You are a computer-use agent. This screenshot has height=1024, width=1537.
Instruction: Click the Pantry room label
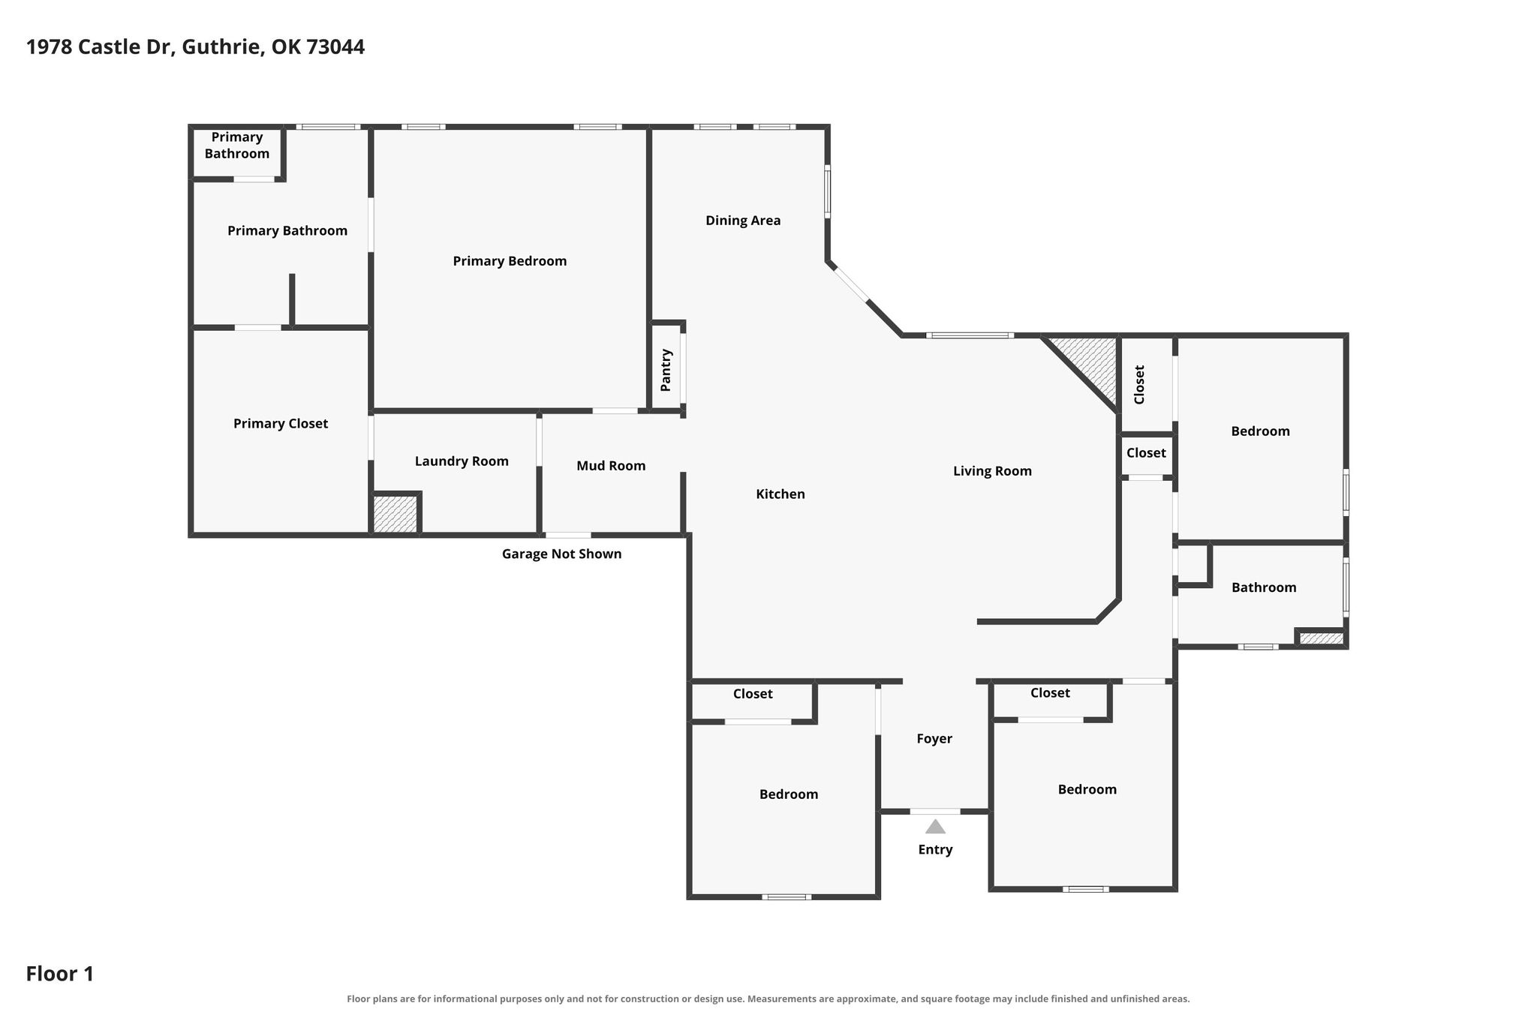666,370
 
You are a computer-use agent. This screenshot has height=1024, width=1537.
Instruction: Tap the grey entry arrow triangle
935,827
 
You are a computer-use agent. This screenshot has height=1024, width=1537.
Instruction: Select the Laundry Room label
462,461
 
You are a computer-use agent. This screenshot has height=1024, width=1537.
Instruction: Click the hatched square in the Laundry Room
395,514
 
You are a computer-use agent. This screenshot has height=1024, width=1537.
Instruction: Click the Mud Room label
611,466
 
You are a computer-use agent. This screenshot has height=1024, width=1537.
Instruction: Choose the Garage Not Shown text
561,554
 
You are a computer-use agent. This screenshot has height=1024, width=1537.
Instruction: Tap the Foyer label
934,739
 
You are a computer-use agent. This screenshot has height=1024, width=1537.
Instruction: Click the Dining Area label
743,221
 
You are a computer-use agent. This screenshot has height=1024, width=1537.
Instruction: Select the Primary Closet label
281,424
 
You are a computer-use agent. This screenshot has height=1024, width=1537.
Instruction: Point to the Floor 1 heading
60,974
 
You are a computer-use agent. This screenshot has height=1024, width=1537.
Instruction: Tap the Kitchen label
781,494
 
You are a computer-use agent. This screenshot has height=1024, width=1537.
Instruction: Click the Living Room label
992,471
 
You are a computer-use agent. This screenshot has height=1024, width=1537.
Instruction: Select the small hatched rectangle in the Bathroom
1321,638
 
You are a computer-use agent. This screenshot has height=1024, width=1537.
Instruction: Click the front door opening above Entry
935,812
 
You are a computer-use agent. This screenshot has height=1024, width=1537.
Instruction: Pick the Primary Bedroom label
510,261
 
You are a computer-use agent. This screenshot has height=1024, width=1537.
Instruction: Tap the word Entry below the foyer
935,850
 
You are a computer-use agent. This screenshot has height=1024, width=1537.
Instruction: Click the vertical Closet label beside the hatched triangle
1139,385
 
